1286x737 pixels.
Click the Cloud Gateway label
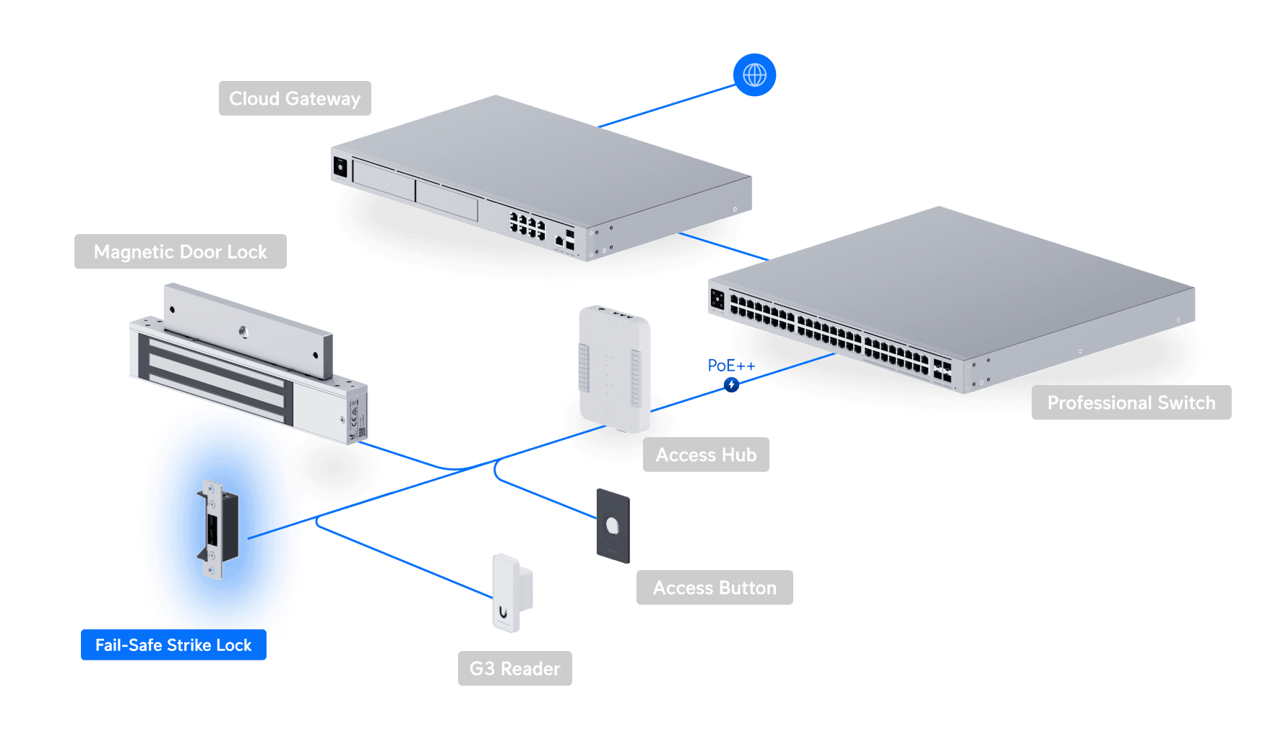(295, 98)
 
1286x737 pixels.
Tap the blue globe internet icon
(754, 75)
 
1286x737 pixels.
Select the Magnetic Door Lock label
(181, 251)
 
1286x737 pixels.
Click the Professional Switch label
(1131, 402)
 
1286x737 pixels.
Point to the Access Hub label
(706, 454)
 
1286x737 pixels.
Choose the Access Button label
(715, 587)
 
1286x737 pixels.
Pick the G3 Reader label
(514, 668)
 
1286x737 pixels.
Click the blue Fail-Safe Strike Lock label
(173, 645)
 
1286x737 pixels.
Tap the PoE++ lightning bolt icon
(731, 384)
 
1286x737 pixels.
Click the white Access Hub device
(615, 368)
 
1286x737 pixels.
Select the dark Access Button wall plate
(613, 526)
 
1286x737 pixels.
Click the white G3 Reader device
(511, 592)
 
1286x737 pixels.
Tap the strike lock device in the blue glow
(216, 529)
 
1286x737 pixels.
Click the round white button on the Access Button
(613, 526)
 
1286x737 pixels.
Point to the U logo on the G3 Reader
(504, 613)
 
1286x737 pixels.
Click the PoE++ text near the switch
(730, 366)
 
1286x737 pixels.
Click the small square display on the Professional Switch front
(717, 298)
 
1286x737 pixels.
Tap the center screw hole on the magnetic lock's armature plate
(243, 332)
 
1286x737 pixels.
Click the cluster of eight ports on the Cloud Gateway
(527, 225)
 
